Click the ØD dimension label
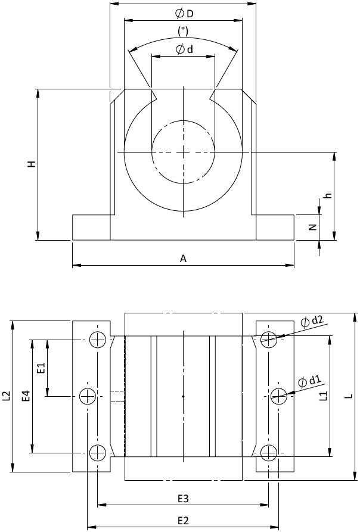tap(184, 14)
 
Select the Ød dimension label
tap(184, 49)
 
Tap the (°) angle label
tap(183, 31)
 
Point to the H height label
tap(32, 164)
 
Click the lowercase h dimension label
tap(328, 196)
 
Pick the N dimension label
tap(313, 228)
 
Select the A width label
tap(183, 259)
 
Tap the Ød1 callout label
tap(309, 381)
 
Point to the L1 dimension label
tap(324, 395)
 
